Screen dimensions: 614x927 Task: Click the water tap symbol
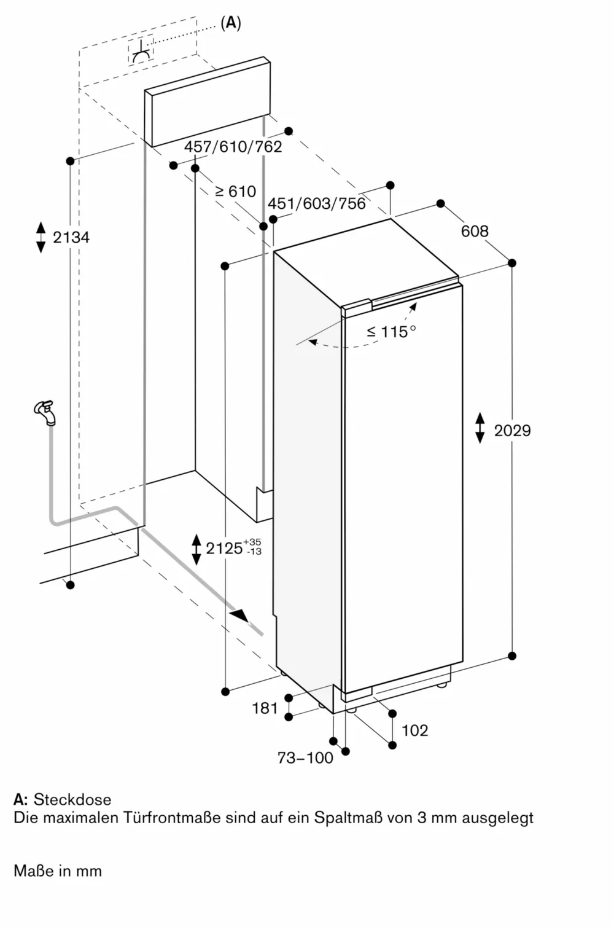click(45, 412)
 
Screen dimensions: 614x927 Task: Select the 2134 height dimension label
click(71, 237)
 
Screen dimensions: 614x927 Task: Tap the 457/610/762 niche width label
click(233, 146)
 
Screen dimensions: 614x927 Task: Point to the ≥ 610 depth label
click(235, 191)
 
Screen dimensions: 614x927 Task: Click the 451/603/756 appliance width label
click(316, 203)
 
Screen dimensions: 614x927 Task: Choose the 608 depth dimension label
click(475, 231)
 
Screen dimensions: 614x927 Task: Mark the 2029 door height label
click(512, 431)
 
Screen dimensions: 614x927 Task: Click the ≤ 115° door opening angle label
click(391, 332)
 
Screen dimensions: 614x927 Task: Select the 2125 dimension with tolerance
click(234, 547)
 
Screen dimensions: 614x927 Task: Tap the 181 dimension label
click(265, 708)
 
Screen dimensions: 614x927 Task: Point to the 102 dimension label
click(415, 730)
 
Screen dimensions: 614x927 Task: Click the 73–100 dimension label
click(305, 757)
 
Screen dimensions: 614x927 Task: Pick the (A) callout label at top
click(230, 23)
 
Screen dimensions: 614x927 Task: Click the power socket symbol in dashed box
click(141, 51)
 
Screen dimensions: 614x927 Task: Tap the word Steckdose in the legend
click(72, 799)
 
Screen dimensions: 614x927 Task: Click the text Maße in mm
click(58, 870)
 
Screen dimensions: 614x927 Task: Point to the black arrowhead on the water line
click(239, 616)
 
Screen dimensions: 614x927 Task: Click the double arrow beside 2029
click(480, 428)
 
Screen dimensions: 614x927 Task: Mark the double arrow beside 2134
click(41, 237)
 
